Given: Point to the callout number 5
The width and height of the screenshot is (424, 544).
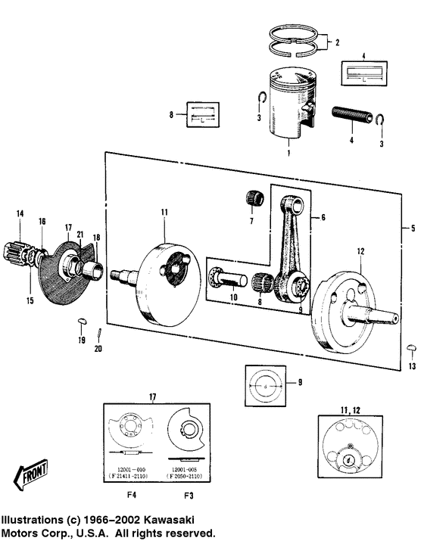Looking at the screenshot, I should coord(413,227).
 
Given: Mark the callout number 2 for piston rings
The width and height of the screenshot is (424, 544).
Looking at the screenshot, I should coord(337,42).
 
